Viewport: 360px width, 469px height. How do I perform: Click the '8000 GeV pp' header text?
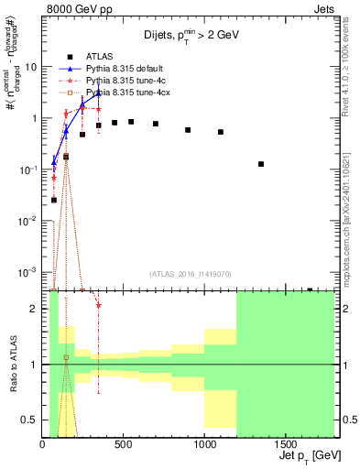80,11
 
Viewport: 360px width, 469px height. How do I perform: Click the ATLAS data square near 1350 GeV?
261,164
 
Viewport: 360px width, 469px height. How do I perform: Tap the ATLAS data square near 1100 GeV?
221,132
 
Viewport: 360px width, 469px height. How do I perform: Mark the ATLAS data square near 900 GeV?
188,130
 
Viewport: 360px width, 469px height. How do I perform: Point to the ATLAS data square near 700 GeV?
156,124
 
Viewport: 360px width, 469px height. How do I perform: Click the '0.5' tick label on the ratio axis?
31,420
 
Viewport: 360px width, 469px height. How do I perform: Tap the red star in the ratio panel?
98,305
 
